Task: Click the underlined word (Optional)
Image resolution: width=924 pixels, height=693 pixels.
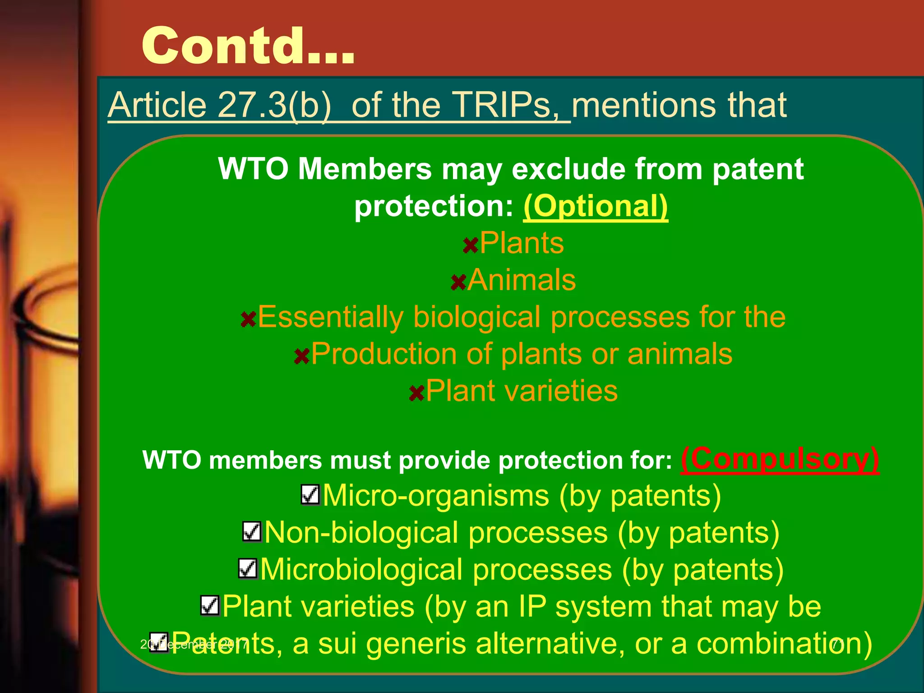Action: pos(596,206)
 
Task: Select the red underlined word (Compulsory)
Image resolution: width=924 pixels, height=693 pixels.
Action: pos(780,459)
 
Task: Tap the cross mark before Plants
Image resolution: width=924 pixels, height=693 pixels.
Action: pos(471,245)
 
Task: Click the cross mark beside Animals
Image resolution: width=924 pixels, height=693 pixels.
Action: pos(458,282)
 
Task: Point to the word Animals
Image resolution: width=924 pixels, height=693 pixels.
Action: pos(522,280)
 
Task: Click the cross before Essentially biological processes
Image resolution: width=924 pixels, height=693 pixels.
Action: pos(248,319)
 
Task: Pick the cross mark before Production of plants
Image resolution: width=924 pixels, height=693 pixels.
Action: pos(301,356)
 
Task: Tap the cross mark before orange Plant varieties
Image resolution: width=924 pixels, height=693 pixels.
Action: pos(416,393)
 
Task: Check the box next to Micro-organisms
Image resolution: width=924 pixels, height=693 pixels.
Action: pos(310,495)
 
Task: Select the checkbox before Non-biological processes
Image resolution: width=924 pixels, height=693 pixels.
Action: pos(252,531)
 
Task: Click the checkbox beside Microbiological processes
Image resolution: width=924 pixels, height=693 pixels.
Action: pos(248,568)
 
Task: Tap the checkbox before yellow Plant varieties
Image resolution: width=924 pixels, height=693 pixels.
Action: pos(210,605)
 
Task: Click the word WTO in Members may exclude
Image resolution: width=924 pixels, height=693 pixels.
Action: pos(253,169)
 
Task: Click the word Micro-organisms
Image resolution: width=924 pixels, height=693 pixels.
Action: pos(436,496)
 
